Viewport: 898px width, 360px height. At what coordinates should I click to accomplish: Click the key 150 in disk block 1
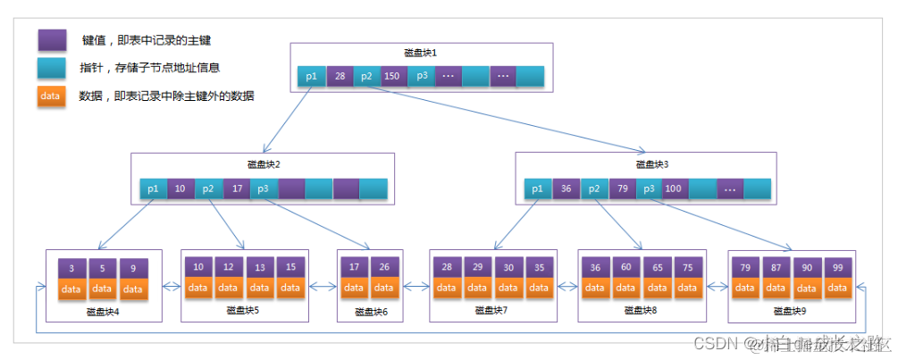click(x=392, y=77)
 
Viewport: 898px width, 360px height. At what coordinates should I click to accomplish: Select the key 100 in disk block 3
click(x=673, y=188)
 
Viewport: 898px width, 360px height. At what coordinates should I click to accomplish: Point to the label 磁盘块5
click(x=244, y=310)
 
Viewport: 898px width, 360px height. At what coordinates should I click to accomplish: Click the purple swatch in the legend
click(x=51, y=40)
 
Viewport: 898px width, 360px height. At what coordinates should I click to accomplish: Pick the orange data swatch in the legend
click(x=51, y=96)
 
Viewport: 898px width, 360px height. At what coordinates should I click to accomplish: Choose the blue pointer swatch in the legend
click(x=51, y=68)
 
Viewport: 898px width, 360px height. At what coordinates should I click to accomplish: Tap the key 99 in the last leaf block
click(x=836, y=268)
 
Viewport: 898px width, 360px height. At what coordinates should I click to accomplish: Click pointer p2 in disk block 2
click(x=207, y=188)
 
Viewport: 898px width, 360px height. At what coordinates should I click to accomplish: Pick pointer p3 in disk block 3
click(x=647, y=188)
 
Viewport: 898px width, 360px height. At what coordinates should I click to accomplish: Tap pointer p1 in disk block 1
click(x=311, y=77)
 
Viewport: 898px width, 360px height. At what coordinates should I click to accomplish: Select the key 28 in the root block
click(x=340, y=77)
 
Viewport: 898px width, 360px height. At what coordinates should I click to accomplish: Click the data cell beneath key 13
click(x=260, y=288)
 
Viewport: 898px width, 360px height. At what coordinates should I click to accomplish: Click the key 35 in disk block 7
click(x=538, y=267)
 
